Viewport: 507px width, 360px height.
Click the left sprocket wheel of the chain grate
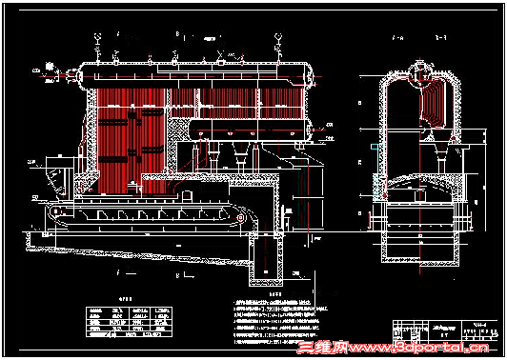coord(57,211)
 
